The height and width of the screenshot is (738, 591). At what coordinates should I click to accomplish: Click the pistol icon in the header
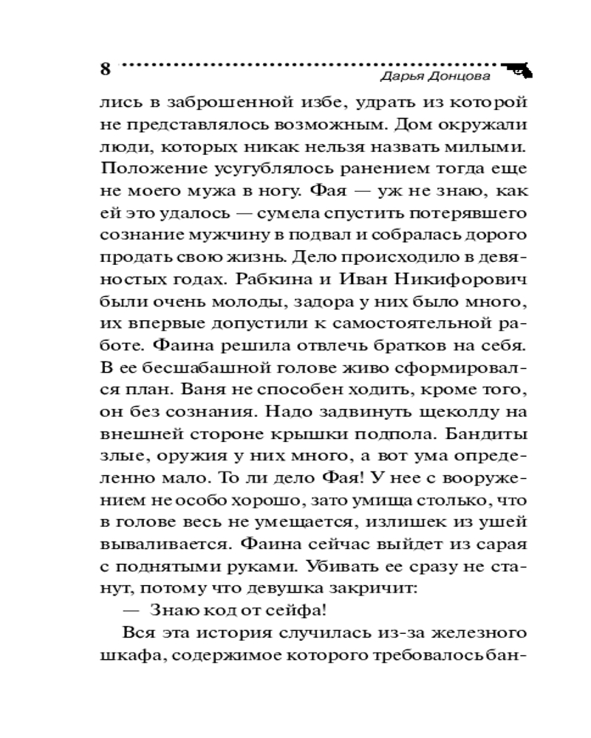tap(520, 69)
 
